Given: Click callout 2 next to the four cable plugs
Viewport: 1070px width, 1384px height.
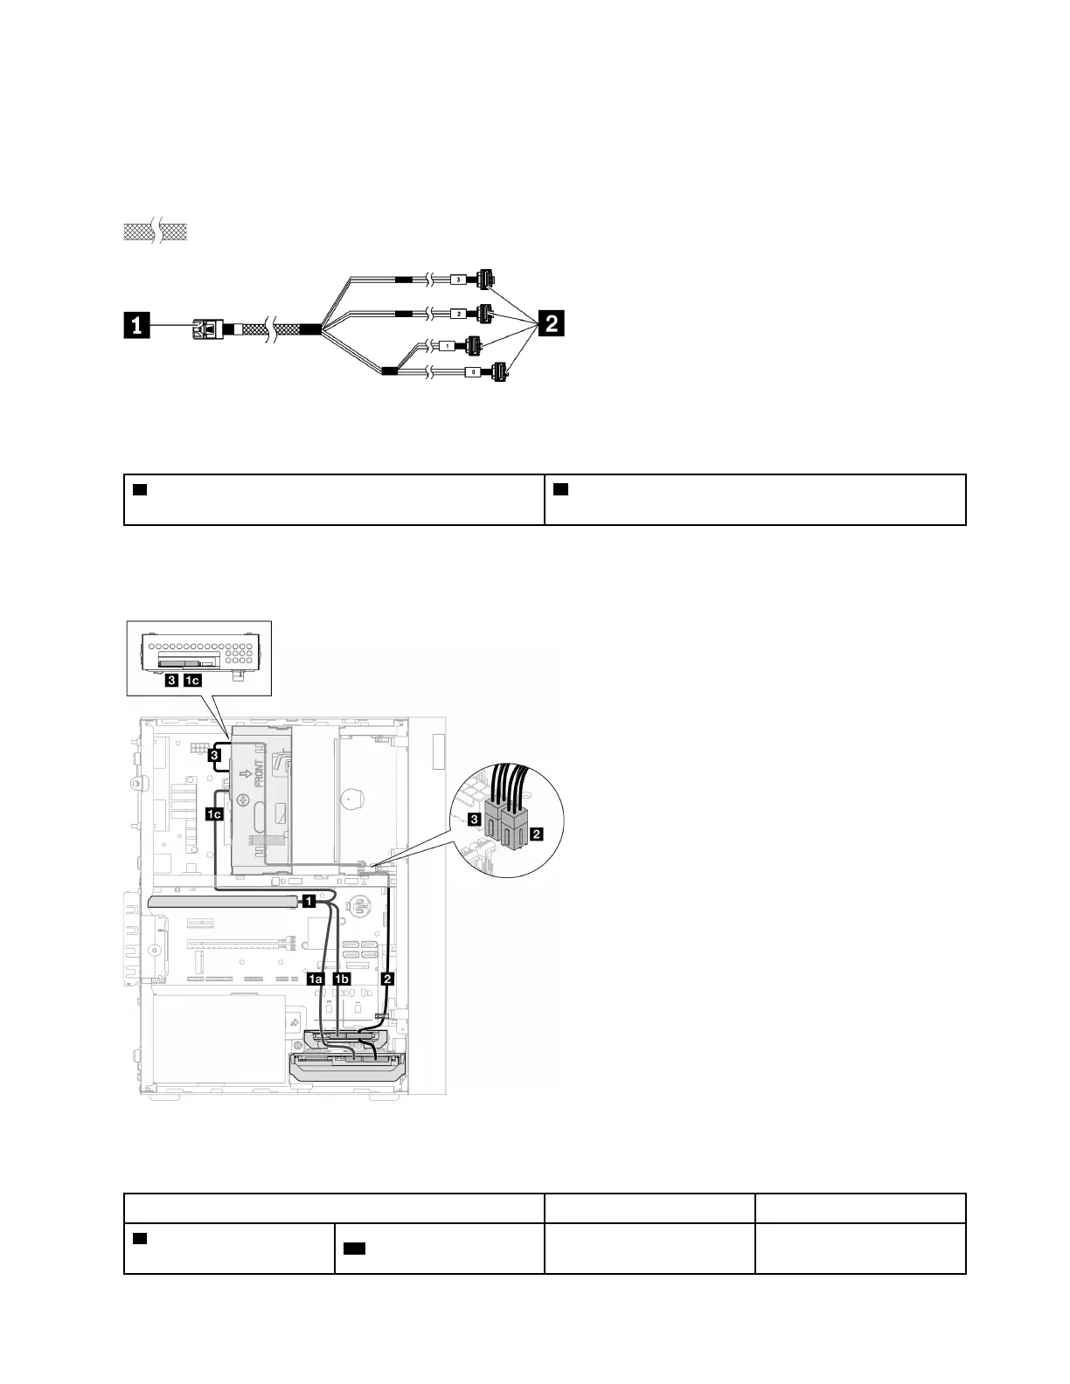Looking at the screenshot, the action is point(551,325).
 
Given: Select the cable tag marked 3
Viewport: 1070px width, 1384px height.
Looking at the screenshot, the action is point(459,280).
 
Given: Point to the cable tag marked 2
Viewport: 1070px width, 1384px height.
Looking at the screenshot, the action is point(459,312).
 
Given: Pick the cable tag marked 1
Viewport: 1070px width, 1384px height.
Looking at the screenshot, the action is point(448,345).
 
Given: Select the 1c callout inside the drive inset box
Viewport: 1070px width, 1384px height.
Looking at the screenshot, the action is point(191,679).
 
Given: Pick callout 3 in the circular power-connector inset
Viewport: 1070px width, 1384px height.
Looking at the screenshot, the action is point(474,820).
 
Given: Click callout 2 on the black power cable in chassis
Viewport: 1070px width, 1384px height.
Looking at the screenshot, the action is point(388,979).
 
